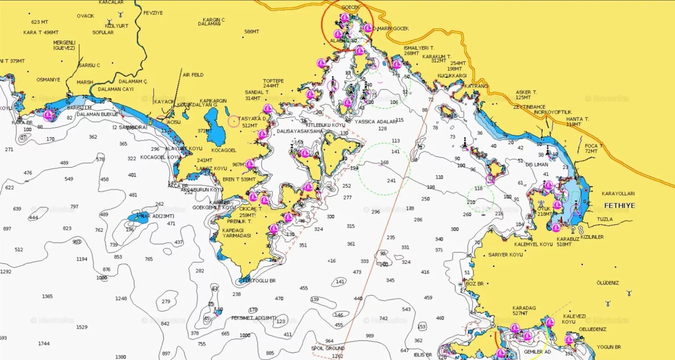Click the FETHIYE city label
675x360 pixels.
tap(619, 205)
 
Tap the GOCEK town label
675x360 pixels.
tap(350, 7)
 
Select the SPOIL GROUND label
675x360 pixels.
tap(328, 348)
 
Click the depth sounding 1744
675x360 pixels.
tap(44, 344)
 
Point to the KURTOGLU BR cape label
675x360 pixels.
tap(260, 280)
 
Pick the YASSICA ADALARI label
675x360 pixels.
tap(375, 122)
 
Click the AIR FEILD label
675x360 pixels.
tap(193, 75)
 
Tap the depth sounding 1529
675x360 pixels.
tap(82, 327)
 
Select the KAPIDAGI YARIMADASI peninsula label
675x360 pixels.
tap(236, 233)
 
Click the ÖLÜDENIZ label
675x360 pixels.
tap(607, 283)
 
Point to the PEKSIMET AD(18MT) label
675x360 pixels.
tap(254, 318)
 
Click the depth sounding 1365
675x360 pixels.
tap(47, 296)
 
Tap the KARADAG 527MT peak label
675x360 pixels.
tap(524, 311)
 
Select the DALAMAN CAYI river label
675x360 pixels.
tap(116, 89)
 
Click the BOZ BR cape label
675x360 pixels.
tap(475, 284)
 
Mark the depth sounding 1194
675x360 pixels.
tap(82, 259)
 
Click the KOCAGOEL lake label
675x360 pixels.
tap(224, 150)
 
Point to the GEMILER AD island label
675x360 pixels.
tap(537, 352)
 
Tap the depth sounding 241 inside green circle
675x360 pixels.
tap(391, 181)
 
